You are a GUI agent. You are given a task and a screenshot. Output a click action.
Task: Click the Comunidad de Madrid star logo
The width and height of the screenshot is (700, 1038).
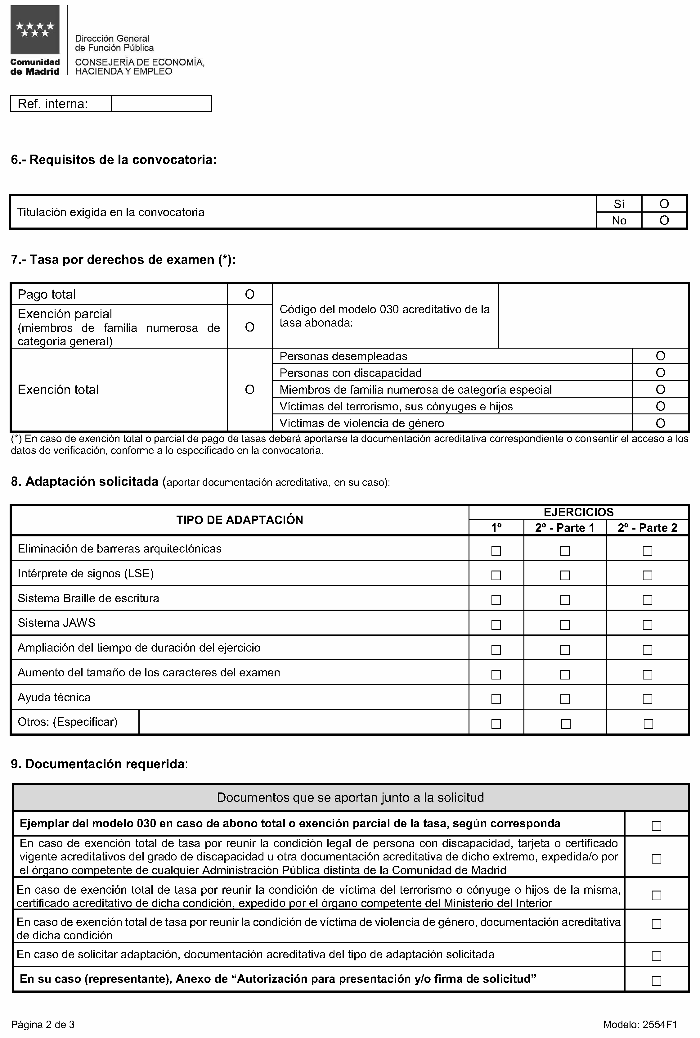35,30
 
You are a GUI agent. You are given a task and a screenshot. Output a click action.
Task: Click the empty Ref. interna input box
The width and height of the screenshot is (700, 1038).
161,104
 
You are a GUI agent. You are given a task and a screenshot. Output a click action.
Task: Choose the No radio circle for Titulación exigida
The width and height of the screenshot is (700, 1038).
664,220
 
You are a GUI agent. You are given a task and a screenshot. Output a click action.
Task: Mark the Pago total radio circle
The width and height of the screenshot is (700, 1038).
249,294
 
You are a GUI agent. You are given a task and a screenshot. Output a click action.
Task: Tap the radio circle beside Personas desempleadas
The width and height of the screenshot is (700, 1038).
660,356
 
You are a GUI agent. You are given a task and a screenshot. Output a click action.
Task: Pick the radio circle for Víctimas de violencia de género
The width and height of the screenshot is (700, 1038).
660,423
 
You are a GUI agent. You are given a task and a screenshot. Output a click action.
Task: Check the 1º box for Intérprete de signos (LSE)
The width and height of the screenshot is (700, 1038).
496,575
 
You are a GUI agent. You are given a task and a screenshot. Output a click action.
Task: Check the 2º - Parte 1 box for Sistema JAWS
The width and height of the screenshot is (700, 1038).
565,625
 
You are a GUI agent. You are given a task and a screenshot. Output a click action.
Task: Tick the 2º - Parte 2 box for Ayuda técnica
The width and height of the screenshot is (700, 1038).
647,699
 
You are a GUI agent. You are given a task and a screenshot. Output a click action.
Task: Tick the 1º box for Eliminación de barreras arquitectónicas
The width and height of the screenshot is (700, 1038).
496,551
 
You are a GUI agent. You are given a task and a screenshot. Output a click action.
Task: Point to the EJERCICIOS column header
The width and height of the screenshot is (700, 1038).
578,512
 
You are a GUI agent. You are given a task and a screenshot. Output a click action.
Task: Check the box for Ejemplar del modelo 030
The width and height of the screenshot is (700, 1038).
656,826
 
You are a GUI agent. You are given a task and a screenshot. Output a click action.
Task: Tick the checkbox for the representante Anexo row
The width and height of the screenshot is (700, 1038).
656,981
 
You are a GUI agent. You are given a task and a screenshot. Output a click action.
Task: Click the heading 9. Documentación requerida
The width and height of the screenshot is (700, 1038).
99,764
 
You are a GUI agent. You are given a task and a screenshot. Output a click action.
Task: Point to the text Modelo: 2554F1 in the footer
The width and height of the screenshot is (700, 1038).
640,1024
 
